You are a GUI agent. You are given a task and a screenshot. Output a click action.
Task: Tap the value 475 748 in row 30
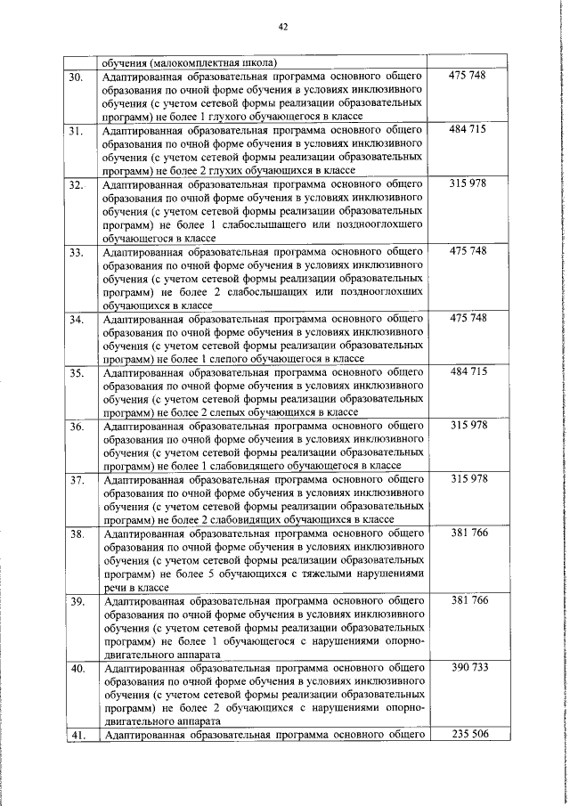click(468, 77)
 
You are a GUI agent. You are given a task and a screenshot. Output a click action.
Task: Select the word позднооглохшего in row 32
click(360, 225)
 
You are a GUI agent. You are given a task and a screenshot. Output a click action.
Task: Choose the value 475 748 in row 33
click(468, 252)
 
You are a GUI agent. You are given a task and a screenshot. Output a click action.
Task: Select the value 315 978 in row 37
click(468, 479)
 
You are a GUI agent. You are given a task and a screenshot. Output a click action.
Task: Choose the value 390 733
click(468, 667)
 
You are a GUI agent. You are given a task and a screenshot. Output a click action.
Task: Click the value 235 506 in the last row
click(468, 734)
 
